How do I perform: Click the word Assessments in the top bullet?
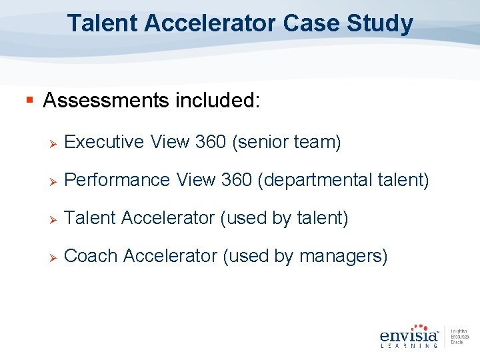pos(106,101)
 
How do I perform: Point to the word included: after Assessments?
pos(218,101)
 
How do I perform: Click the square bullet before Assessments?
pos(29,101)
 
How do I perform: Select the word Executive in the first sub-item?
pos(105,142)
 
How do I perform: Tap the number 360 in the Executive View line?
pos(210,142)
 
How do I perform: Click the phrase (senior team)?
pos(287,142)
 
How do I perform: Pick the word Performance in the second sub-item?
pos(117,180)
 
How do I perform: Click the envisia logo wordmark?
pos(409,334)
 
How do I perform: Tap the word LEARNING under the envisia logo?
pos(409,345)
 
